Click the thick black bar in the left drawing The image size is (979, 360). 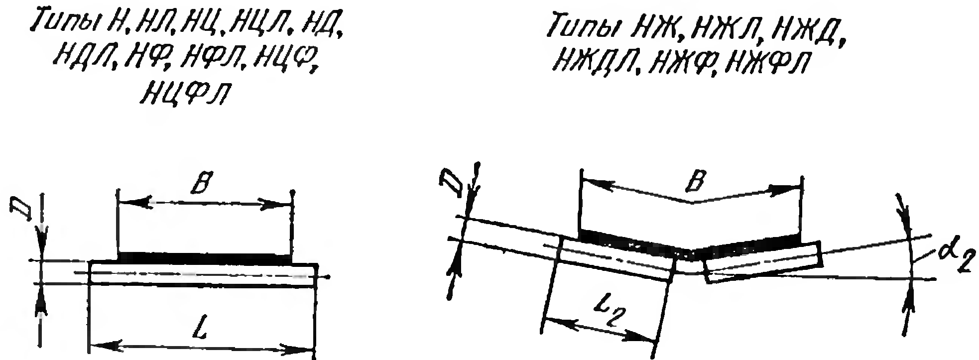click(204, 257)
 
